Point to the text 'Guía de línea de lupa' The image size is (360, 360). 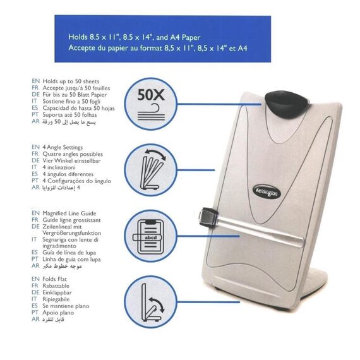(x=75, y=251)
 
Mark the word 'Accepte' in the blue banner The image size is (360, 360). (x=83, y=47)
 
